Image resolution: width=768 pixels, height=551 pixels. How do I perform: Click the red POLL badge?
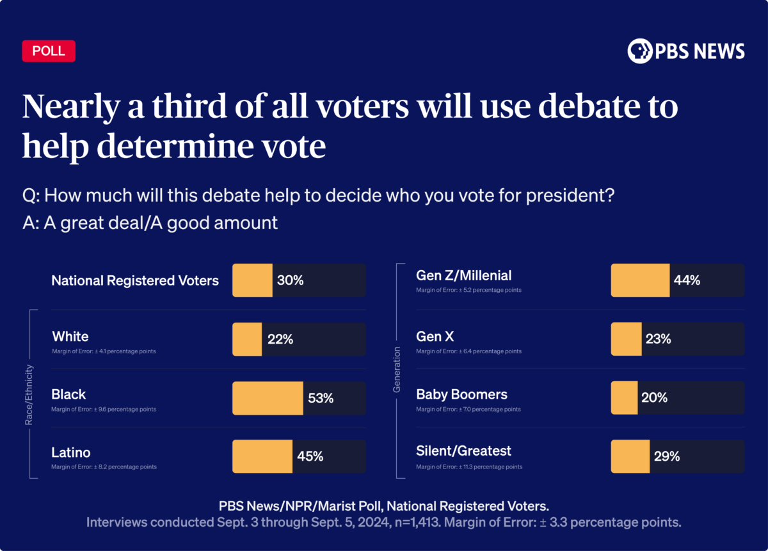[49, 51]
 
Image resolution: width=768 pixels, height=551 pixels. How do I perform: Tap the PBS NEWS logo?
[686, 51]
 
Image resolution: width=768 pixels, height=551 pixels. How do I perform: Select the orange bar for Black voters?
[268, 398]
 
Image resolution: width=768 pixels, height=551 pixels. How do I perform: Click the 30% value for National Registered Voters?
[290, 280]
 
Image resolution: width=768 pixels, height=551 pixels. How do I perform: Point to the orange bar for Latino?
[262, 456]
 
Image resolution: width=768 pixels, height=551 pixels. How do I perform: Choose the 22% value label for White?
[280, 339]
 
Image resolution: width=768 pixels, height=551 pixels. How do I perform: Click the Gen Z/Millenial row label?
[464, 276]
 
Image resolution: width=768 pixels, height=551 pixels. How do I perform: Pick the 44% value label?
[687, 280]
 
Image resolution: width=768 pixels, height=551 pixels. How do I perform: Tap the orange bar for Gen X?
[626, 339]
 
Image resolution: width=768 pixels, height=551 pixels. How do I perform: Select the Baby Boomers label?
[461, 394]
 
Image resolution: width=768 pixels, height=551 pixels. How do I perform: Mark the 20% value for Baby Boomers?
[654, 397]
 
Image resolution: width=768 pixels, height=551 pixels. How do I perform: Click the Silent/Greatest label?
[464, 451]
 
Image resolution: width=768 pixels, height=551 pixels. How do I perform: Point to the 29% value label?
[666, 456]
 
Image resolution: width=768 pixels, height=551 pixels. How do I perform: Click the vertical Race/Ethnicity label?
[29, 395]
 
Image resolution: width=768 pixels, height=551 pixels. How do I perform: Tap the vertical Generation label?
[397, 369]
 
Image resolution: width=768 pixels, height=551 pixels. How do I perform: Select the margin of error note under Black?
[104, 410]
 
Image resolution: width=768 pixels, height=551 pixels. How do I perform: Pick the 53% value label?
[320, 398]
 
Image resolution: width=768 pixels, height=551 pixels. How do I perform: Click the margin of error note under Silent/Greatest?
[469, 467]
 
